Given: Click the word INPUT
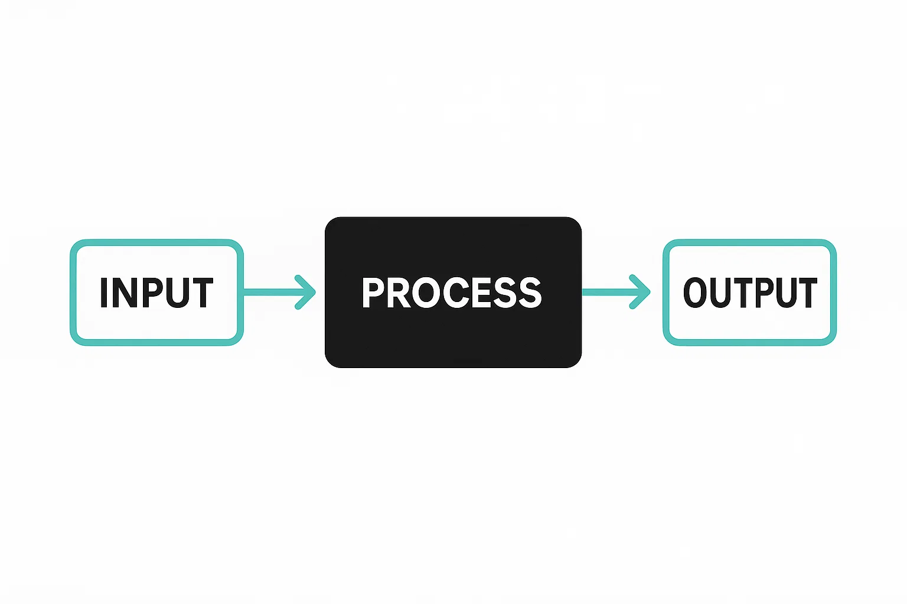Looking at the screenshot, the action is click(156, 293).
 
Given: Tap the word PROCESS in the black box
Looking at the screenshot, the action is click(452, 293).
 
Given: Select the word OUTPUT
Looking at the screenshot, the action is click(750, 293).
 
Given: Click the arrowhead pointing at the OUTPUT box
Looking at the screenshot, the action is click(640, 292).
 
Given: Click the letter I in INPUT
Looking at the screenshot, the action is click(104, 293).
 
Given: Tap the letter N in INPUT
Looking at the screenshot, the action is click(125, 293).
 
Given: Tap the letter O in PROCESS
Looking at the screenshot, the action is click(429, 293).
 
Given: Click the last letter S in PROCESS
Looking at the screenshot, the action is click(531, 293).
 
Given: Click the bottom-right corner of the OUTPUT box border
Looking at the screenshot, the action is click(833, 342).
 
